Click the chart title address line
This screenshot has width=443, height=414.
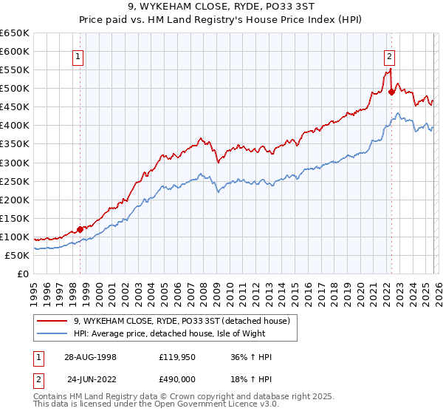221,7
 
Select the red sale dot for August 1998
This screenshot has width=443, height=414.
80,229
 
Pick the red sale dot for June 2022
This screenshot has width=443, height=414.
391,92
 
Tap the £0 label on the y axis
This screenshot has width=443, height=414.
23,274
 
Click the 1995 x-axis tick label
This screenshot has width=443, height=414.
33,289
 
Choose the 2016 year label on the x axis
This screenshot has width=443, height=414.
306,289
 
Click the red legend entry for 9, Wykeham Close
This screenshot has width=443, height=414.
185,321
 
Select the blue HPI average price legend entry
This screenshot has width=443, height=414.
184,334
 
